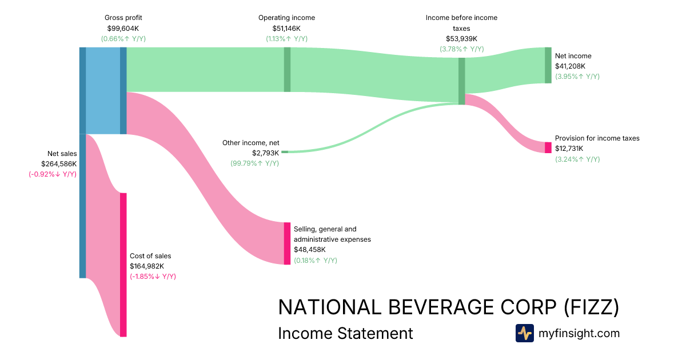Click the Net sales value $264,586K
point(58,163)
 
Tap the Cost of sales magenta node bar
point(123,265)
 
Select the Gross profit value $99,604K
point(123,28)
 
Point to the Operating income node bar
point(287,69)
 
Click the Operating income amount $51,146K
point(286,28)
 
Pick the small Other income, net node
point(285,152)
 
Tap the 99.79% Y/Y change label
point(254,163)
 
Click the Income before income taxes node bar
point(461,81)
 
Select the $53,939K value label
point(461,39)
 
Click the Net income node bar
point(548,66)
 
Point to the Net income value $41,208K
point(570,66)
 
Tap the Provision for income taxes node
point(548,147)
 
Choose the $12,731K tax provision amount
point(569,149)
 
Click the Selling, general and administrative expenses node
point(287,243)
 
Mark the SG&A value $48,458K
point(310,250)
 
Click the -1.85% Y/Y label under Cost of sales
point(153,277)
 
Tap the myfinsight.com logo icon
point(524,333)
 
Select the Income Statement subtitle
point(345,333)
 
